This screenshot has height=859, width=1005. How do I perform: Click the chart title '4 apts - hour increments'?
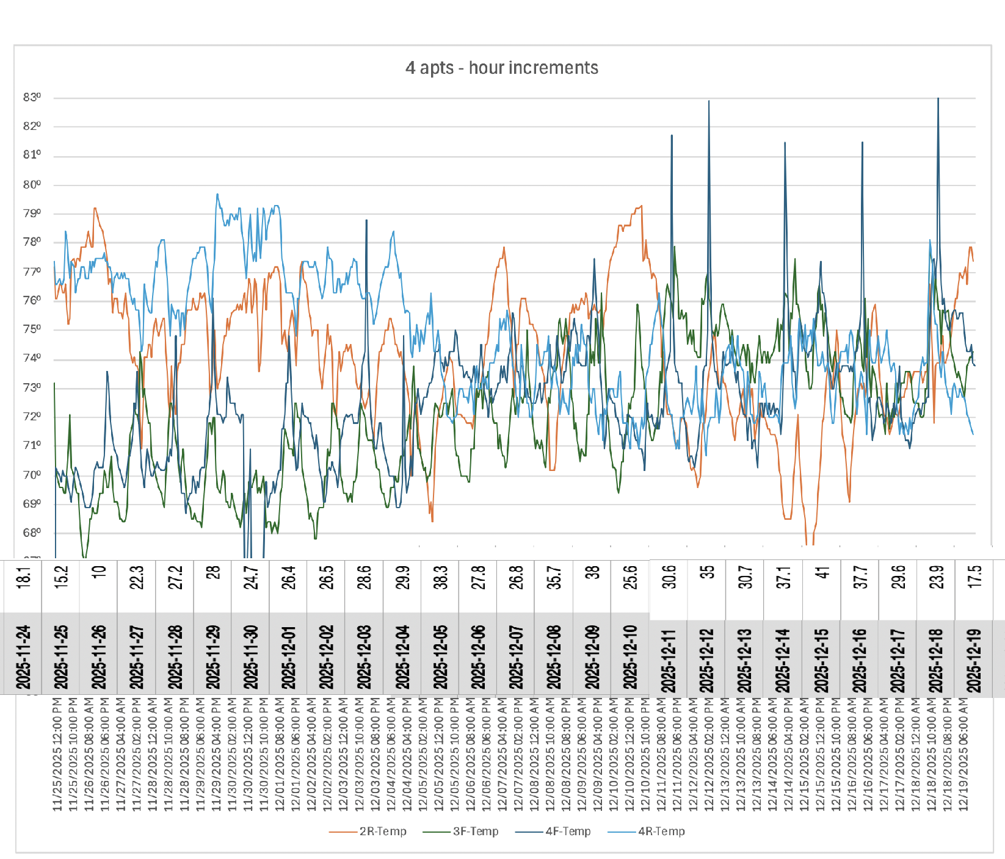click(x=501, y=68)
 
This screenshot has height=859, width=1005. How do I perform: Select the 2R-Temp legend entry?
click(x=382, y=831)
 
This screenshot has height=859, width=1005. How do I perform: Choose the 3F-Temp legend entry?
click(x=475, y=831)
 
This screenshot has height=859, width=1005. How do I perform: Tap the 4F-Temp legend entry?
click(x=568, y=831)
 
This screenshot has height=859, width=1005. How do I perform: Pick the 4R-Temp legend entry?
click(x=661, y=831)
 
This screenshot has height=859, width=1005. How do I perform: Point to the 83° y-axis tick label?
click(x=32, y=98)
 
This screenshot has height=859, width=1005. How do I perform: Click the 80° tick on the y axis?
click(x=32, y=185)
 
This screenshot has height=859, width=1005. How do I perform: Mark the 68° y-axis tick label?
click(x=32, y=533)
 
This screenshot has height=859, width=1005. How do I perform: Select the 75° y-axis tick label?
click(x=32, y=329)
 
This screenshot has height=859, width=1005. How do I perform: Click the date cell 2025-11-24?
click(x=23, y=656)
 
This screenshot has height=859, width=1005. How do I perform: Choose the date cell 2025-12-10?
click(x=630, y=656)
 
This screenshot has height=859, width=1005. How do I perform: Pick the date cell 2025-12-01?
click(x=288, y=656)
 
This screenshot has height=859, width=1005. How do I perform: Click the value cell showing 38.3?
click(x=440, y=577)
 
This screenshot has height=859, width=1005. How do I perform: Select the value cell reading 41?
click(x=822, y=573)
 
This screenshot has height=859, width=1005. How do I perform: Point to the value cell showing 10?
click(x=99, y=572)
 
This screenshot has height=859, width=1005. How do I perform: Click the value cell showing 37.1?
click(x=784, y=577)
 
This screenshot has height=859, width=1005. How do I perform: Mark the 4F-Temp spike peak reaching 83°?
click(x=938, y=99)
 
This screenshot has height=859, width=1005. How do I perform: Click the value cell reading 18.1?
click(x=23, y=577)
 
